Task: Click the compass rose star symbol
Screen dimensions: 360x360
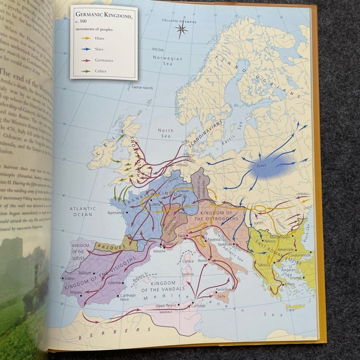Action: point(182,29)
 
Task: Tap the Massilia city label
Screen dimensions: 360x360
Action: point(160,251)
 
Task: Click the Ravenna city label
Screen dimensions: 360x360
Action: point(214,239)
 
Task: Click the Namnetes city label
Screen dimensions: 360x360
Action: point(115,212)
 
